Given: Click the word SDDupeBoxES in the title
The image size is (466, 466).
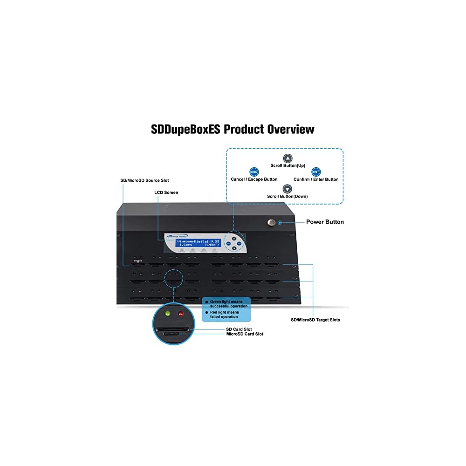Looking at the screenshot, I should pos(185,129).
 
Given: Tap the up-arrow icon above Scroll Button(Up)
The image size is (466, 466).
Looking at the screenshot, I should pos(288,158).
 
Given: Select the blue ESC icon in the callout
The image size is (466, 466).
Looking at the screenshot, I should pos(254,171).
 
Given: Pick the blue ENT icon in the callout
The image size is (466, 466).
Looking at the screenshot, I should pos(316,171).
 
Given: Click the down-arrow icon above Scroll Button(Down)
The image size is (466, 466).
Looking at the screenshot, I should pos(288,189).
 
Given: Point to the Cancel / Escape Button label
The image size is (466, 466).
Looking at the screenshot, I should pos(254,179).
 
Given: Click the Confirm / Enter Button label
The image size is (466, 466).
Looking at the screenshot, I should pos(316,179).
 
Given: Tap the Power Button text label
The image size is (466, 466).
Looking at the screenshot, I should pos(325,222).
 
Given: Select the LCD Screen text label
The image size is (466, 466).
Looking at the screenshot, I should pos(166,192).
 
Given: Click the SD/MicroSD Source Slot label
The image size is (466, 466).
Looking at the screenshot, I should pos(144,180).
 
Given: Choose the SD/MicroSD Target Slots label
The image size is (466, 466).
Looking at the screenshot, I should pos(315,320).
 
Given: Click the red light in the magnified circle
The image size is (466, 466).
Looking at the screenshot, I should pos(180,313).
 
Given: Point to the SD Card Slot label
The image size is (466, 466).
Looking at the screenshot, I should pos(239,329).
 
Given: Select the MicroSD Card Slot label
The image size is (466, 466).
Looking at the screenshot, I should pos(244,334).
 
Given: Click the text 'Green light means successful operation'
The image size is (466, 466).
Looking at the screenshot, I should pos(228,304).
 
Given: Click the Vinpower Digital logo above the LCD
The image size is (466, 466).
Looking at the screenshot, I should pos(177,236).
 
